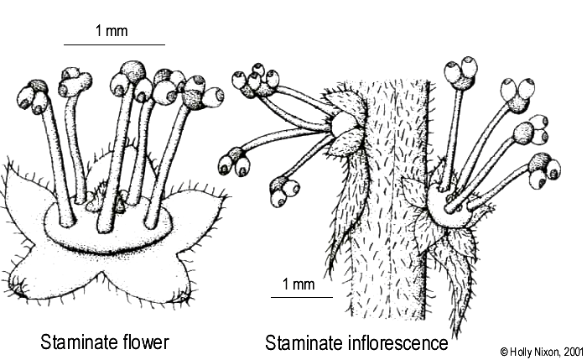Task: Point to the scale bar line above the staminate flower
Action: coord(114,44)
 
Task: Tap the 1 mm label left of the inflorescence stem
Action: coord(299,284)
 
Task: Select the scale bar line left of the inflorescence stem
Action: coord(301,297)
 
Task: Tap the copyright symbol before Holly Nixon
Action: coord(503,349)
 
